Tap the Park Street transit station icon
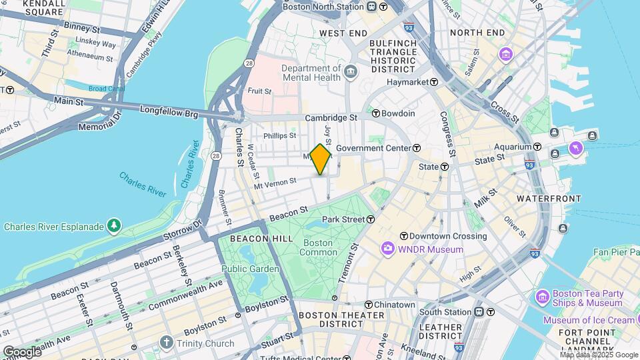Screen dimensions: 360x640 click(369, 219)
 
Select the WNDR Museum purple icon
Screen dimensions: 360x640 click(388, 249)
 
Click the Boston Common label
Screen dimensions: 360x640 click(318, 247)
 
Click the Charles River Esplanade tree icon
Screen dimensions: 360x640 click(115, 227)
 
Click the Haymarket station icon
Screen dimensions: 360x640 click(434, 82)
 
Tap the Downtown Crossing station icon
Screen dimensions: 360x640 click(403, 236)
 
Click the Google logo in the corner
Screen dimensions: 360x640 click(21, 351)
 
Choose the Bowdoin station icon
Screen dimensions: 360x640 click(376, 114)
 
